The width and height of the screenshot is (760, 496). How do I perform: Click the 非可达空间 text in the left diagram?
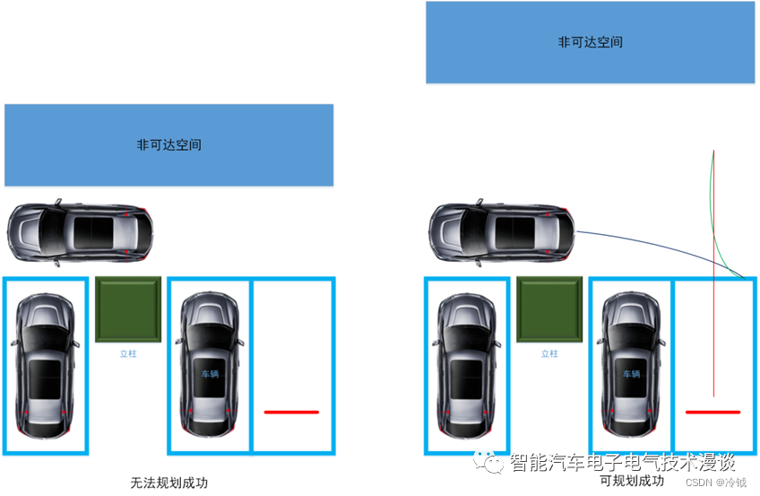tap(168, 144)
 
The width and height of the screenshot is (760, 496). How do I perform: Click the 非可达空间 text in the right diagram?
tap(590, 42)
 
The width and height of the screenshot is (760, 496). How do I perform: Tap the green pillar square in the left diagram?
tap(127, 309)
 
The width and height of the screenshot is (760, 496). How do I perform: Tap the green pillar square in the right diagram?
tap(548, 309)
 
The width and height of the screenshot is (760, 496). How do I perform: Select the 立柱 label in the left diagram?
tap(128, 354)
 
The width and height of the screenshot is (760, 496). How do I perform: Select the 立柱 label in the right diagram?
tap(549, 354)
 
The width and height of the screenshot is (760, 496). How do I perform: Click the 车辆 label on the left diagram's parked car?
tap(210, 374)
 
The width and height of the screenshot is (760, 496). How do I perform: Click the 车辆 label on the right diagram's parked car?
tap(631, 374)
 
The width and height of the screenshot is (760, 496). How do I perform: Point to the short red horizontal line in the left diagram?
tap(291, 413)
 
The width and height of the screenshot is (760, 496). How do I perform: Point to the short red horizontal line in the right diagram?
tap(712, 413)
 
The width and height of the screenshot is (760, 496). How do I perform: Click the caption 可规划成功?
tap(632, 481)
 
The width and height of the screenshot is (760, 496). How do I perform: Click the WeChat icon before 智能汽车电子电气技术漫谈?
tap(494, 462)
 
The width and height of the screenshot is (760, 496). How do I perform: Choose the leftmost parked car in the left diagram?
tap(45, 366)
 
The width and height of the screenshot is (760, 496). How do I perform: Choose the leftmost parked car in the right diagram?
tap(466, 366)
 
